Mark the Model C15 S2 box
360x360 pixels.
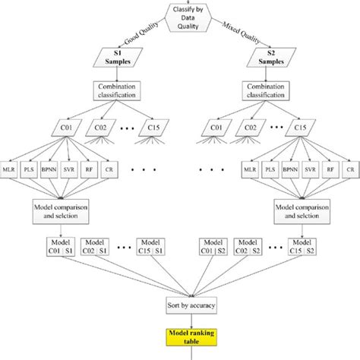pos(322,248)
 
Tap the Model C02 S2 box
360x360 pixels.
pos(250,248)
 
